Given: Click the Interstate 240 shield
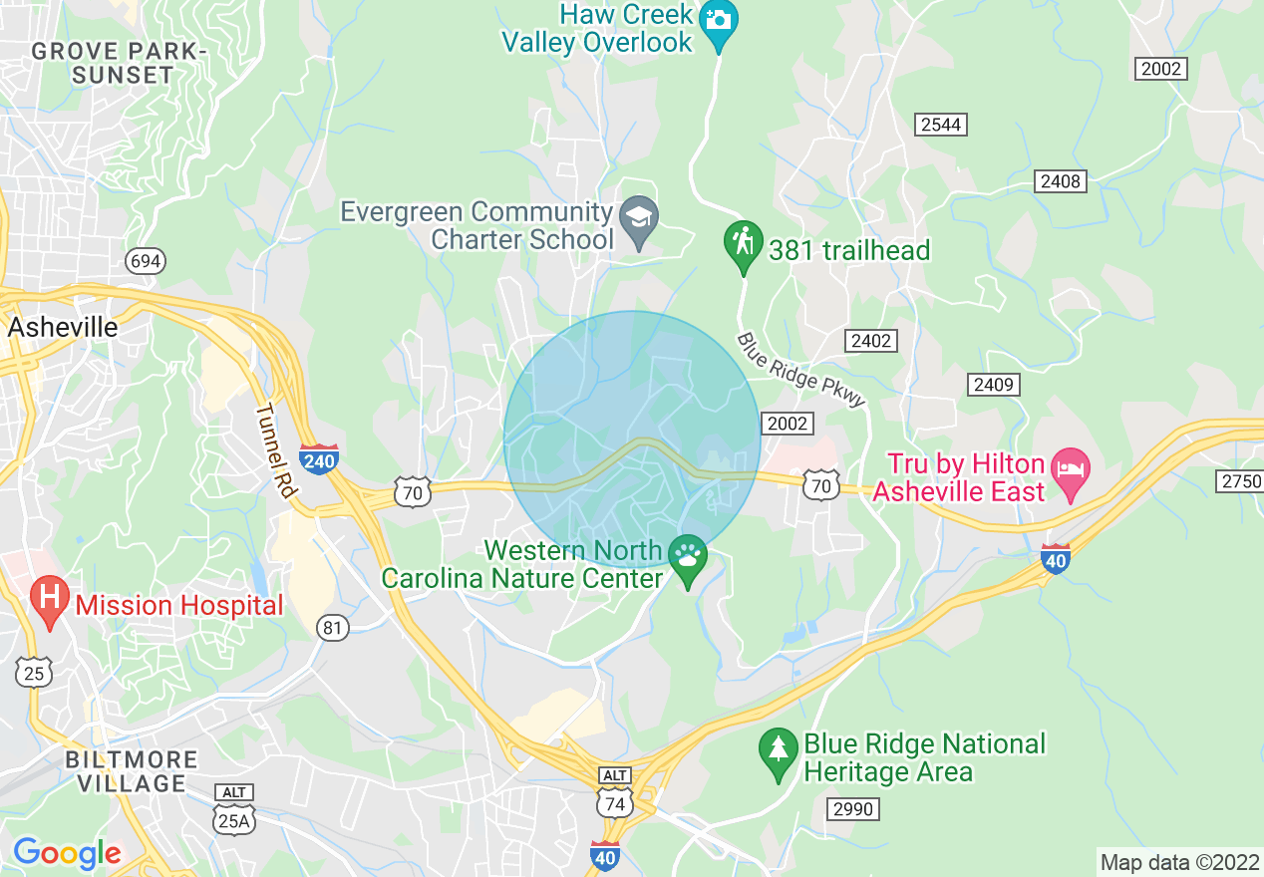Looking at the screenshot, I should click(x=318, y=459).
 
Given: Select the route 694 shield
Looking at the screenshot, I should click(x=146, y=262).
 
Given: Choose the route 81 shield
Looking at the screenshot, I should click(x=333, y=627).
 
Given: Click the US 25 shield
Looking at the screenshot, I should click(x=34, y=674).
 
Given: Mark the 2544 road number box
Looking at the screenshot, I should click(x=941, y=125).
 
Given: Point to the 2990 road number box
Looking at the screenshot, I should click(x=852, y=808).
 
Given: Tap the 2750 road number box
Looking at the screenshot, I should click(x=1241, y=481).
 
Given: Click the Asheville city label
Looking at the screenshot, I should click(x=62, y=328).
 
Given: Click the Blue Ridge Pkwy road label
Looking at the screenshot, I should click(x=801, y=370).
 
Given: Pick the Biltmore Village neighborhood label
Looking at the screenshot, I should click(x=132, y=771).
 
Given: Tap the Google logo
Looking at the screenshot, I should click(x=66, y=853).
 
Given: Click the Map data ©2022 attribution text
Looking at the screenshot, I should click(x=1178, y=862).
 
